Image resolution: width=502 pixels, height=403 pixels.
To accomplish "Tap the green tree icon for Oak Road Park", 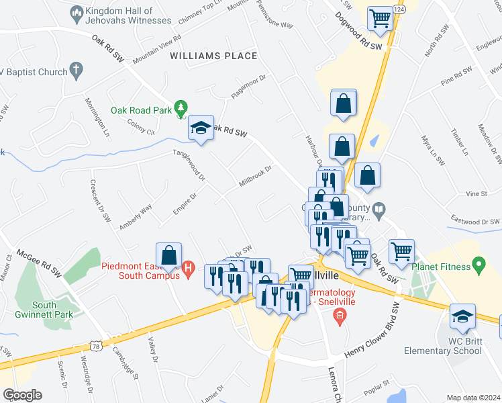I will pos(180,107).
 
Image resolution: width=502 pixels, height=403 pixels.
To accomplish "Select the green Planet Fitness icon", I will pos(478,265).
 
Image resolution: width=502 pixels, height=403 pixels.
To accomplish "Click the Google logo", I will pos(22,394).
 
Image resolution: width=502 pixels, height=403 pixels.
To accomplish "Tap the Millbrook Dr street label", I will pos(255,176).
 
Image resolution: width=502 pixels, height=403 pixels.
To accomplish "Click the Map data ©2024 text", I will pos(473,398).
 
